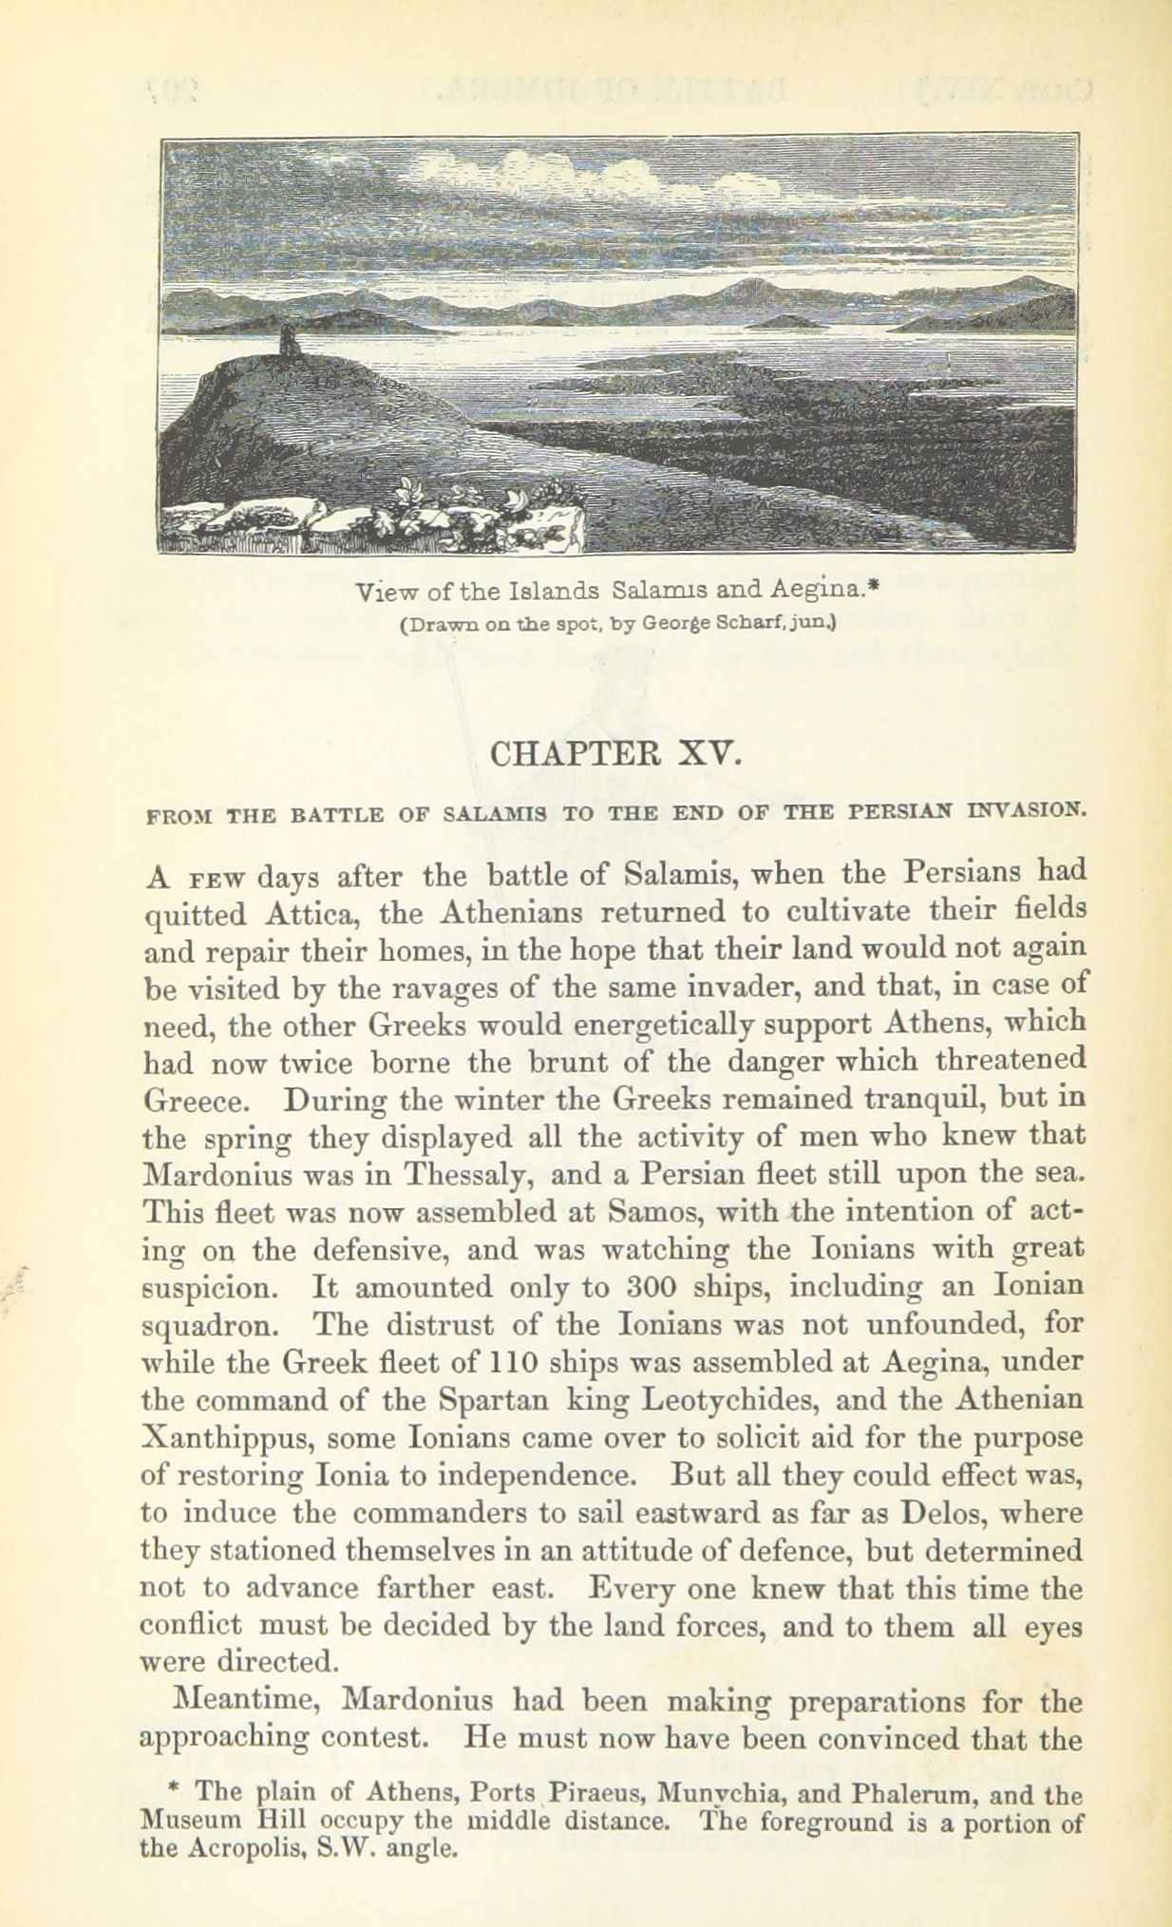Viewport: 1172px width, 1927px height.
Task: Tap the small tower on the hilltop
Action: tap(285, 339)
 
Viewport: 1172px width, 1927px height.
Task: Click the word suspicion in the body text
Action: tap(211, 1288)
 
